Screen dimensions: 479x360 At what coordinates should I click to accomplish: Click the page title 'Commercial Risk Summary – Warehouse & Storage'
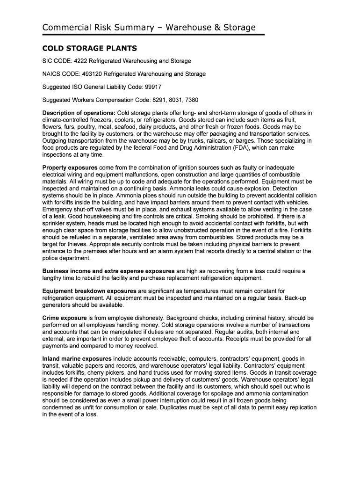(x=149, y=28)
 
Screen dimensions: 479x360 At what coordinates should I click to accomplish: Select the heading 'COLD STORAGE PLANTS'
(x=89, y=48)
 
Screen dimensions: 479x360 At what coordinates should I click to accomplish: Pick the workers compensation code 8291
(x=159, y=100)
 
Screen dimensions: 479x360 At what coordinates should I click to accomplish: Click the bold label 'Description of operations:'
(x=79, y=113)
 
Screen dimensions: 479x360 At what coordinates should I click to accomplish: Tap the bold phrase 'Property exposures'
(x=70, y=167)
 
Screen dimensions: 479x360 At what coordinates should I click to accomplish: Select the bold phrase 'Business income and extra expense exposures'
(x=108, y=271)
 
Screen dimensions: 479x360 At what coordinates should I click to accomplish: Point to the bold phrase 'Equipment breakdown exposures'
(x=89, y=291)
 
